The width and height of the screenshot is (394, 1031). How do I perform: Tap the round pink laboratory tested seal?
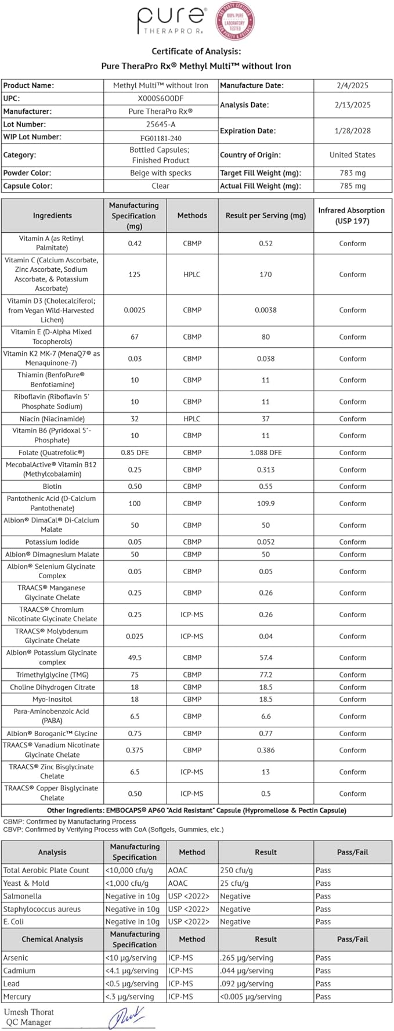[x=235, y=21]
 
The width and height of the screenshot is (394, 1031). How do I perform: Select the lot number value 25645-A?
[x=160, y=124]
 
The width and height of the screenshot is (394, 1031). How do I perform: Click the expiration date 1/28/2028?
[x=352, y=131]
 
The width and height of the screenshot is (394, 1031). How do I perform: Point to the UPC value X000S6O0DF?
[x=160, y=98]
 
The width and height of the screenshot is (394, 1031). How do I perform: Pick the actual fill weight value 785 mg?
[x=352, y=186]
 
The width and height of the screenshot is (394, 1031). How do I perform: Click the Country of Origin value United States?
[x=352, y=155]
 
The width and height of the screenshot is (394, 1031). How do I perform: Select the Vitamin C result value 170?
[x=265, y=275]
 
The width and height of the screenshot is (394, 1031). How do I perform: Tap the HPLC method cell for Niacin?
[x=191, y=419]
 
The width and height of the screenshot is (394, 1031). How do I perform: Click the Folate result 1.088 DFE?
[x=265, y=452]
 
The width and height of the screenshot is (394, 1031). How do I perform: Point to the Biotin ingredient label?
[x=52, y=486]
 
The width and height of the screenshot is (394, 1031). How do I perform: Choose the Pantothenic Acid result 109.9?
[x=265, y=503]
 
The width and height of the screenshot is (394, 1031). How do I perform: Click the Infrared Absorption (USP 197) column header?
[x=352, y=215]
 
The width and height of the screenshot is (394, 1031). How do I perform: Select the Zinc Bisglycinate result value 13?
[x=265, y=772]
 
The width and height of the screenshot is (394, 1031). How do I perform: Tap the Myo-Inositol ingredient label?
[x=52, y=700]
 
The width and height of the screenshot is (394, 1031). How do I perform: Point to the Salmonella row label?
[x=23, y=896]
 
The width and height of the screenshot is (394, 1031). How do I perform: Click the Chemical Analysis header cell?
[x=52, y=939]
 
